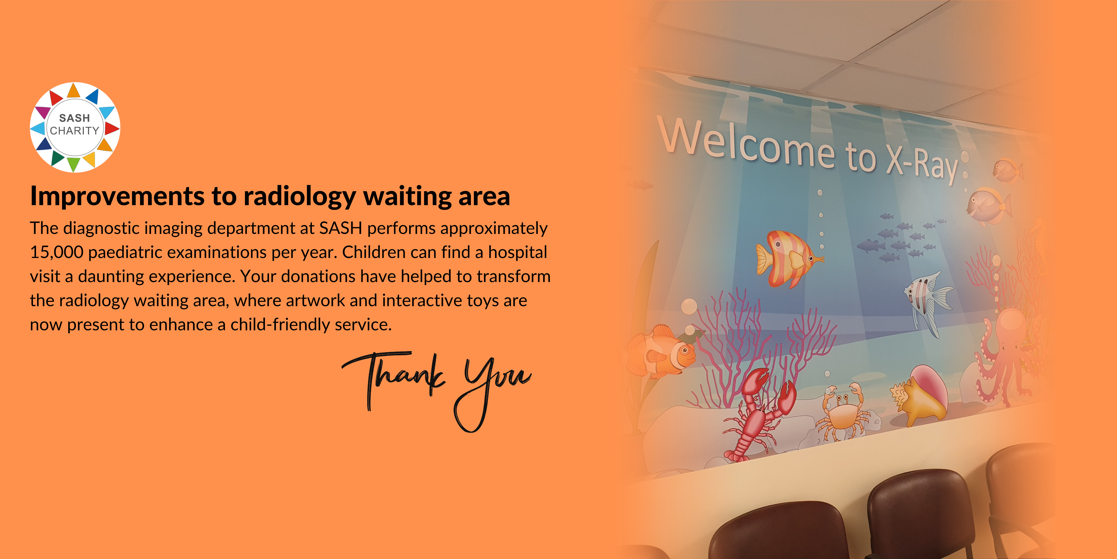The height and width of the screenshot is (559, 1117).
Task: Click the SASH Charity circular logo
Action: point(75,127)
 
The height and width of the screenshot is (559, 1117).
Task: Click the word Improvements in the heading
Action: point(117,196)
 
